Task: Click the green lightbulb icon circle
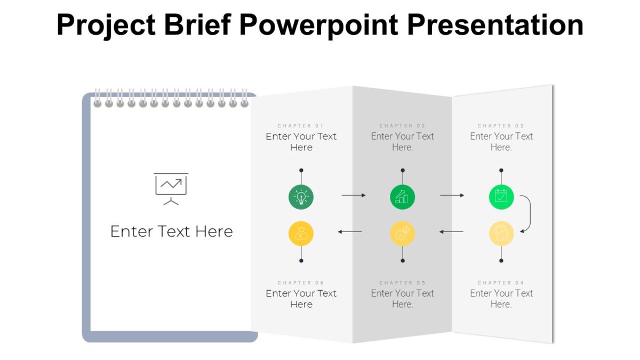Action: pyautogui.click(x=301, y=197)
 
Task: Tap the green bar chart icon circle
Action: pyautogui.click(x=402, y=197)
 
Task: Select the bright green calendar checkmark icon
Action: pyautogui.click(x=501, y=197)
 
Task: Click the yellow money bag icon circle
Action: pyautogui.click(x=301, y=234)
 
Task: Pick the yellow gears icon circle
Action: pyautogui.click(x=402, y=234)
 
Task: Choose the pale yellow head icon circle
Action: pyautogui.click(x=501, y=234)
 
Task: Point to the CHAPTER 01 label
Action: pyautogui.click(x=301, y=126)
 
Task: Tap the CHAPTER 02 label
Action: pyautogui.click(x=402, y=126)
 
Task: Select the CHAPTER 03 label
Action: pyautogui.click(x=501, y=126)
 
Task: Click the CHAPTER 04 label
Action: pyautogui.click(x=501, y=283)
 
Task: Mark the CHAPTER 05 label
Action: pyautogui.click(x=402, y=283)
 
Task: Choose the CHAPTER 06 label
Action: pyautogui.click(x=301, y=283)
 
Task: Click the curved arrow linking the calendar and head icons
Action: pyautogui.click(x=528, y=213)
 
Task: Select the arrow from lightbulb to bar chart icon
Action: pyautogui.click(x=354, y=195)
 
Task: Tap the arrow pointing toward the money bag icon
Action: pyautogui.click(x=350, y=231)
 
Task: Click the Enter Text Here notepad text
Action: pyautogui.click(x=171, y=231)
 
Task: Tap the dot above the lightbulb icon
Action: pyautogui.click(x=301, y=171)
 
